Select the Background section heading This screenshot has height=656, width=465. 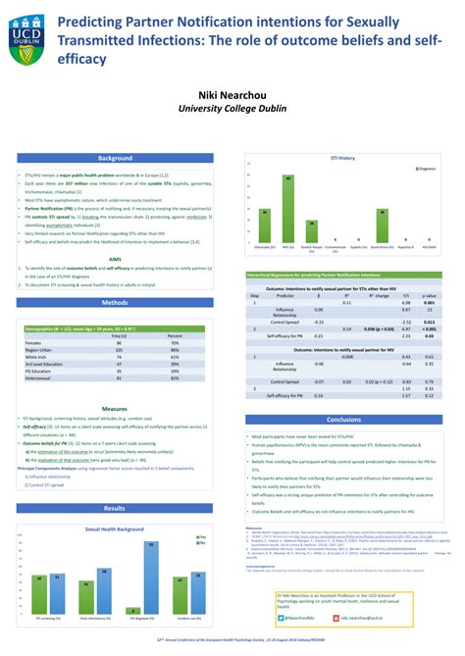coord(115,158)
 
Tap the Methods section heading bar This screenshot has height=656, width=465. coord(115,303)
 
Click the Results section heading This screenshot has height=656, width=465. coord(115,508)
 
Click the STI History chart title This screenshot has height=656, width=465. coord(342,157)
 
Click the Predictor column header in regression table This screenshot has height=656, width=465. coord(284,295)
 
